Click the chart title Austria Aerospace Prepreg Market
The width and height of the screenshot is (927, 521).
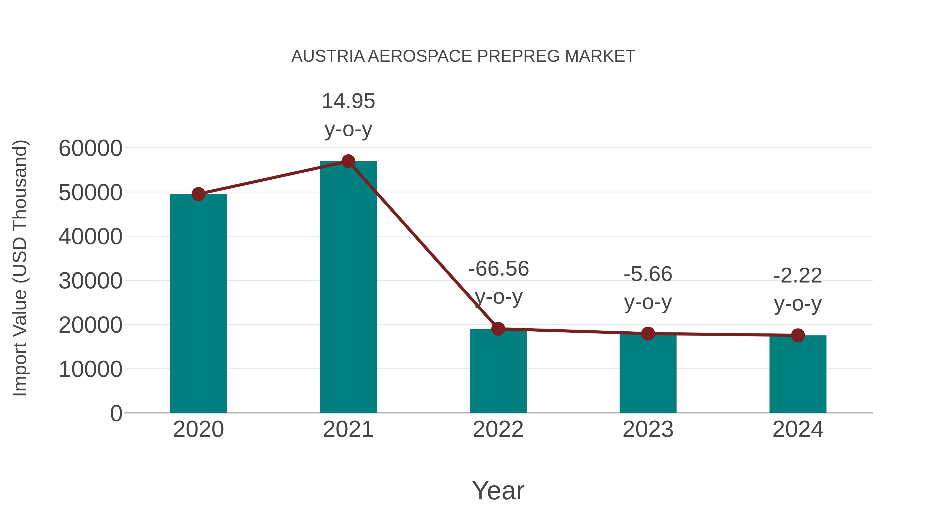pyautogui.click(x=463, y=56)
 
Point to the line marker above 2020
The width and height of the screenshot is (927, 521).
pyautogui.click(x=198, y=194)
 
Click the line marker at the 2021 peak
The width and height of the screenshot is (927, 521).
pyautogui.click(x=348, y=161)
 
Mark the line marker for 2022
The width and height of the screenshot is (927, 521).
pyautogui.click(x=498, y=329)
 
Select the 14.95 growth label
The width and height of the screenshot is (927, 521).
pyautogui.click(x=348, y=101)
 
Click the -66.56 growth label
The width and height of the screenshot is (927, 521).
pyautogui.click(x=499, y=269)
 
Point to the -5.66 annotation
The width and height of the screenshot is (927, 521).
pyautogui.click(x=648, y=274)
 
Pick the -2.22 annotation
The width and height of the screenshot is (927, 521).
pyautogui.click(x=798, y=276)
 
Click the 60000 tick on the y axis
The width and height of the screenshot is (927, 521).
pyautogui.click(x=90, y=148)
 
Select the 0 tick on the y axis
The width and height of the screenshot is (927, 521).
pyautogui.click(x=116, y=413)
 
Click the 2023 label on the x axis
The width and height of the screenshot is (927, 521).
pyautogui.click(x=648, y=429)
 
